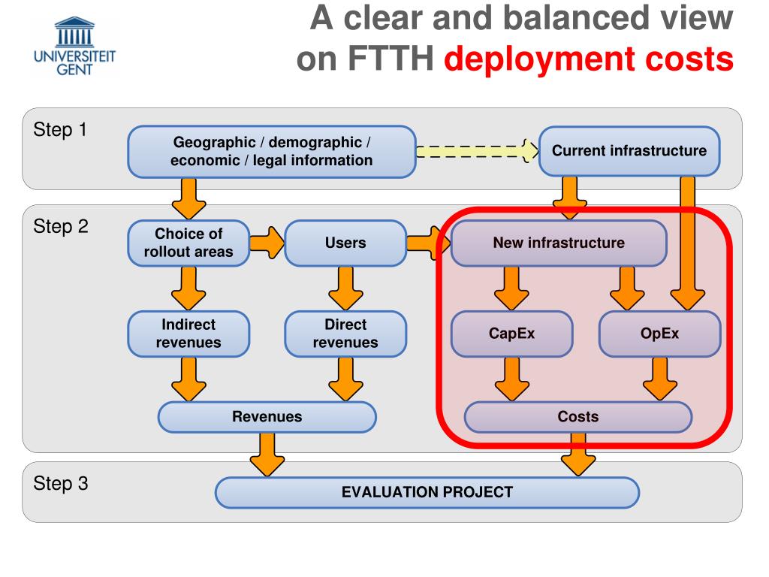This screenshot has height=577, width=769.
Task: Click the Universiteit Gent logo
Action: click(74, 46)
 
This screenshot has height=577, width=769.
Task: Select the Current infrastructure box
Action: click(629, 151)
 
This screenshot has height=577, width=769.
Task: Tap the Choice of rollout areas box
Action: click(188, 243)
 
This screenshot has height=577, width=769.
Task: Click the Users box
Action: click(345, 243)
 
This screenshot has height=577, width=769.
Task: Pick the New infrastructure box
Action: click(559, 243)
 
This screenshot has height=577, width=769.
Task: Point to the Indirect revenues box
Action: click(188, 334)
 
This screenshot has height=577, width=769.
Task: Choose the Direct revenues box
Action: click(345, 334)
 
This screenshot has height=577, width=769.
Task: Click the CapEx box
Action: click(511, 334)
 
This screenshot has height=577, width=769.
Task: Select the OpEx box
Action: click(659, 334)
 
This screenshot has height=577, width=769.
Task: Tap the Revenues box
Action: click(267, 417)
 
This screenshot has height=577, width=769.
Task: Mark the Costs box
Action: click(578, 417)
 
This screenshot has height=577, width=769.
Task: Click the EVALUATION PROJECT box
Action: click(427, 492)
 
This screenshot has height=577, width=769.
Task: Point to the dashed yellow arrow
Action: click(477, 150)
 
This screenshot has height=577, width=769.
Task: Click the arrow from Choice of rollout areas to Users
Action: click(267, 243)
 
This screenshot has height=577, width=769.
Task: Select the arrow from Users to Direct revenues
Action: click(345, 288)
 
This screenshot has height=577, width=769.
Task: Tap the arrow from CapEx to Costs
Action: click(511, 379)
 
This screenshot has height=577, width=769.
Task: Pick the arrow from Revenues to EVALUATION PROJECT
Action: click(267, 455)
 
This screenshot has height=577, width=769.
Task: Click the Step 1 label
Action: click(60, 130)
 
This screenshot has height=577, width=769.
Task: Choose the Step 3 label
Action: click(61, 484)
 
